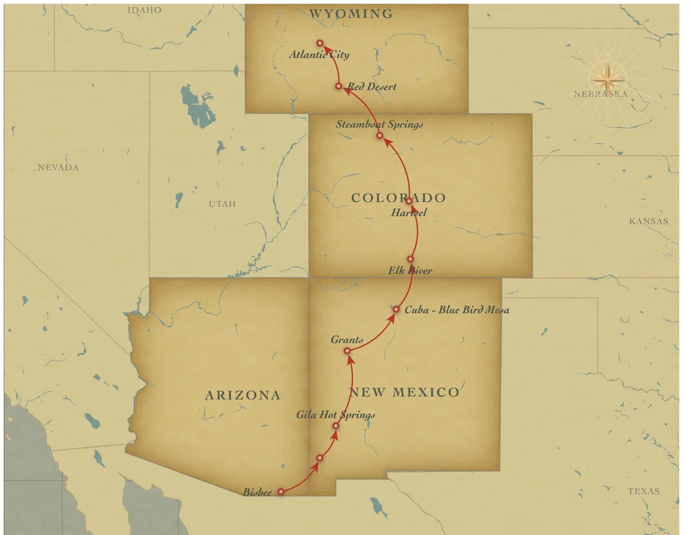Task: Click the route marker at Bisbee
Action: point(281,492)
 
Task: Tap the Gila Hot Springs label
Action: point(335,415)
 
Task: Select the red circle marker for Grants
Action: point(348,352)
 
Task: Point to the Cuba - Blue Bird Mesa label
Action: point(457,309)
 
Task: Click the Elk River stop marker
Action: point(410,259)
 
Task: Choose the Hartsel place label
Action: point(408,212)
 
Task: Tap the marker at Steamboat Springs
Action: point(379,136)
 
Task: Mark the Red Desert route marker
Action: point(339,87)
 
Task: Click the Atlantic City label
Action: point(319,55)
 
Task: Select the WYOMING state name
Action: point(351,14)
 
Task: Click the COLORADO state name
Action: point(398,198)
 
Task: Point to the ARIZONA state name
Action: point(243,395)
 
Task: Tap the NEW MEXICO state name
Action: point(404,392)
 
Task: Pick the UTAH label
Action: point(223,203)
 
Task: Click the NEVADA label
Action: point(58,167)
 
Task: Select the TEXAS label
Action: point(643,491)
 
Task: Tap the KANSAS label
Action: point(648,221)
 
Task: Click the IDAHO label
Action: point(144,10)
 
